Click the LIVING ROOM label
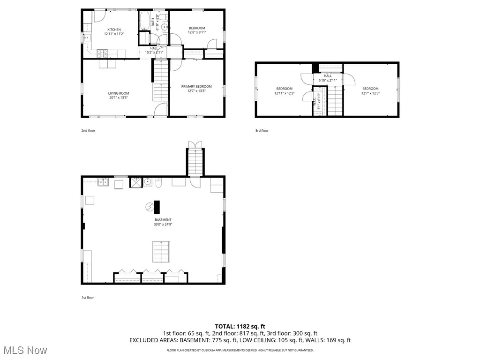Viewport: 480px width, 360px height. (118, 93)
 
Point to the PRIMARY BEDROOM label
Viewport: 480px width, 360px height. (196, 86)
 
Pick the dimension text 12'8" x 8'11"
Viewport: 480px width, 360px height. (196, 33)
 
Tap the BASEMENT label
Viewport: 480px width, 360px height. (163, 220)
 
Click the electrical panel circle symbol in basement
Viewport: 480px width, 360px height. (150, 206)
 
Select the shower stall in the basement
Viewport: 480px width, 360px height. (135, 182)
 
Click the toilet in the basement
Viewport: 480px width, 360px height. (158, 183)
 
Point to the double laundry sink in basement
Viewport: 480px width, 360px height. (103, 182)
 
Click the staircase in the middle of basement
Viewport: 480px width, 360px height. (160, 252)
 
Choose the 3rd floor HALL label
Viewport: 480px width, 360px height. (328, 76)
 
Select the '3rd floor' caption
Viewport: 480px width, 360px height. (262, 131)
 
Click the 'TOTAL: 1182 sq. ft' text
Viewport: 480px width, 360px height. (240, 326)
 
